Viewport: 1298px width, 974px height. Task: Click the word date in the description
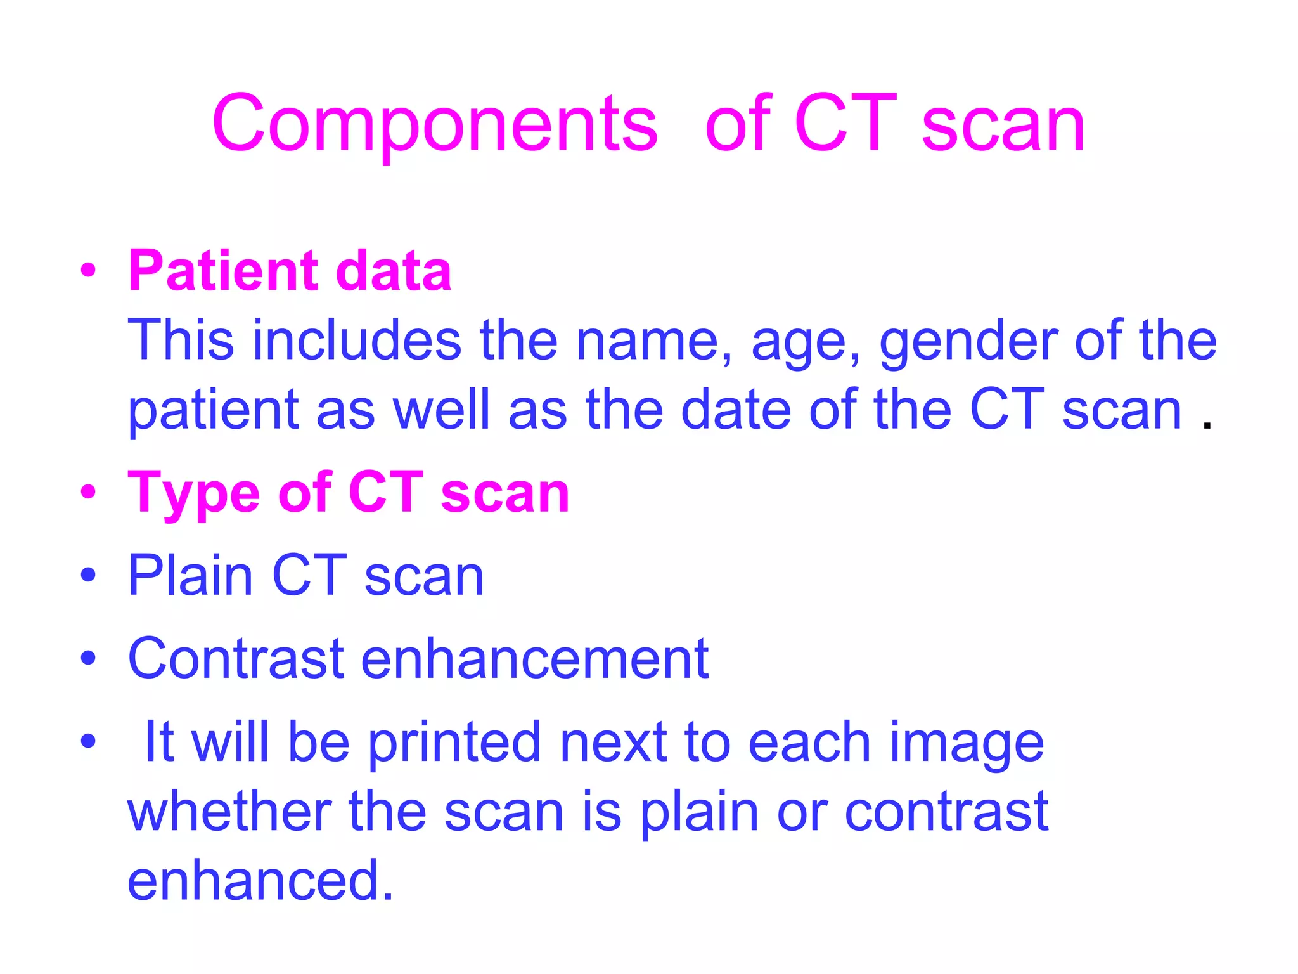[x=736, y=410]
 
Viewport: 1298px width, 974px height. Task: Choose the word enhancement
[x=535, y=659]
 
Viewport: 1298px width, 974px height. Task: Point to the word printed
[x=454, y=744]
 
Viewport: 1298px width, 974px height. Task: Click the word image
[x=966, y=745]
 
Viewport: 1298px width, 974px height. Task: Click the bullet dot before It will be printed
[x=88, y=741]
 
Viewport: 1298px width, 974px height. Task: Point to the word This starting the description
[x=181, y=341]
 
